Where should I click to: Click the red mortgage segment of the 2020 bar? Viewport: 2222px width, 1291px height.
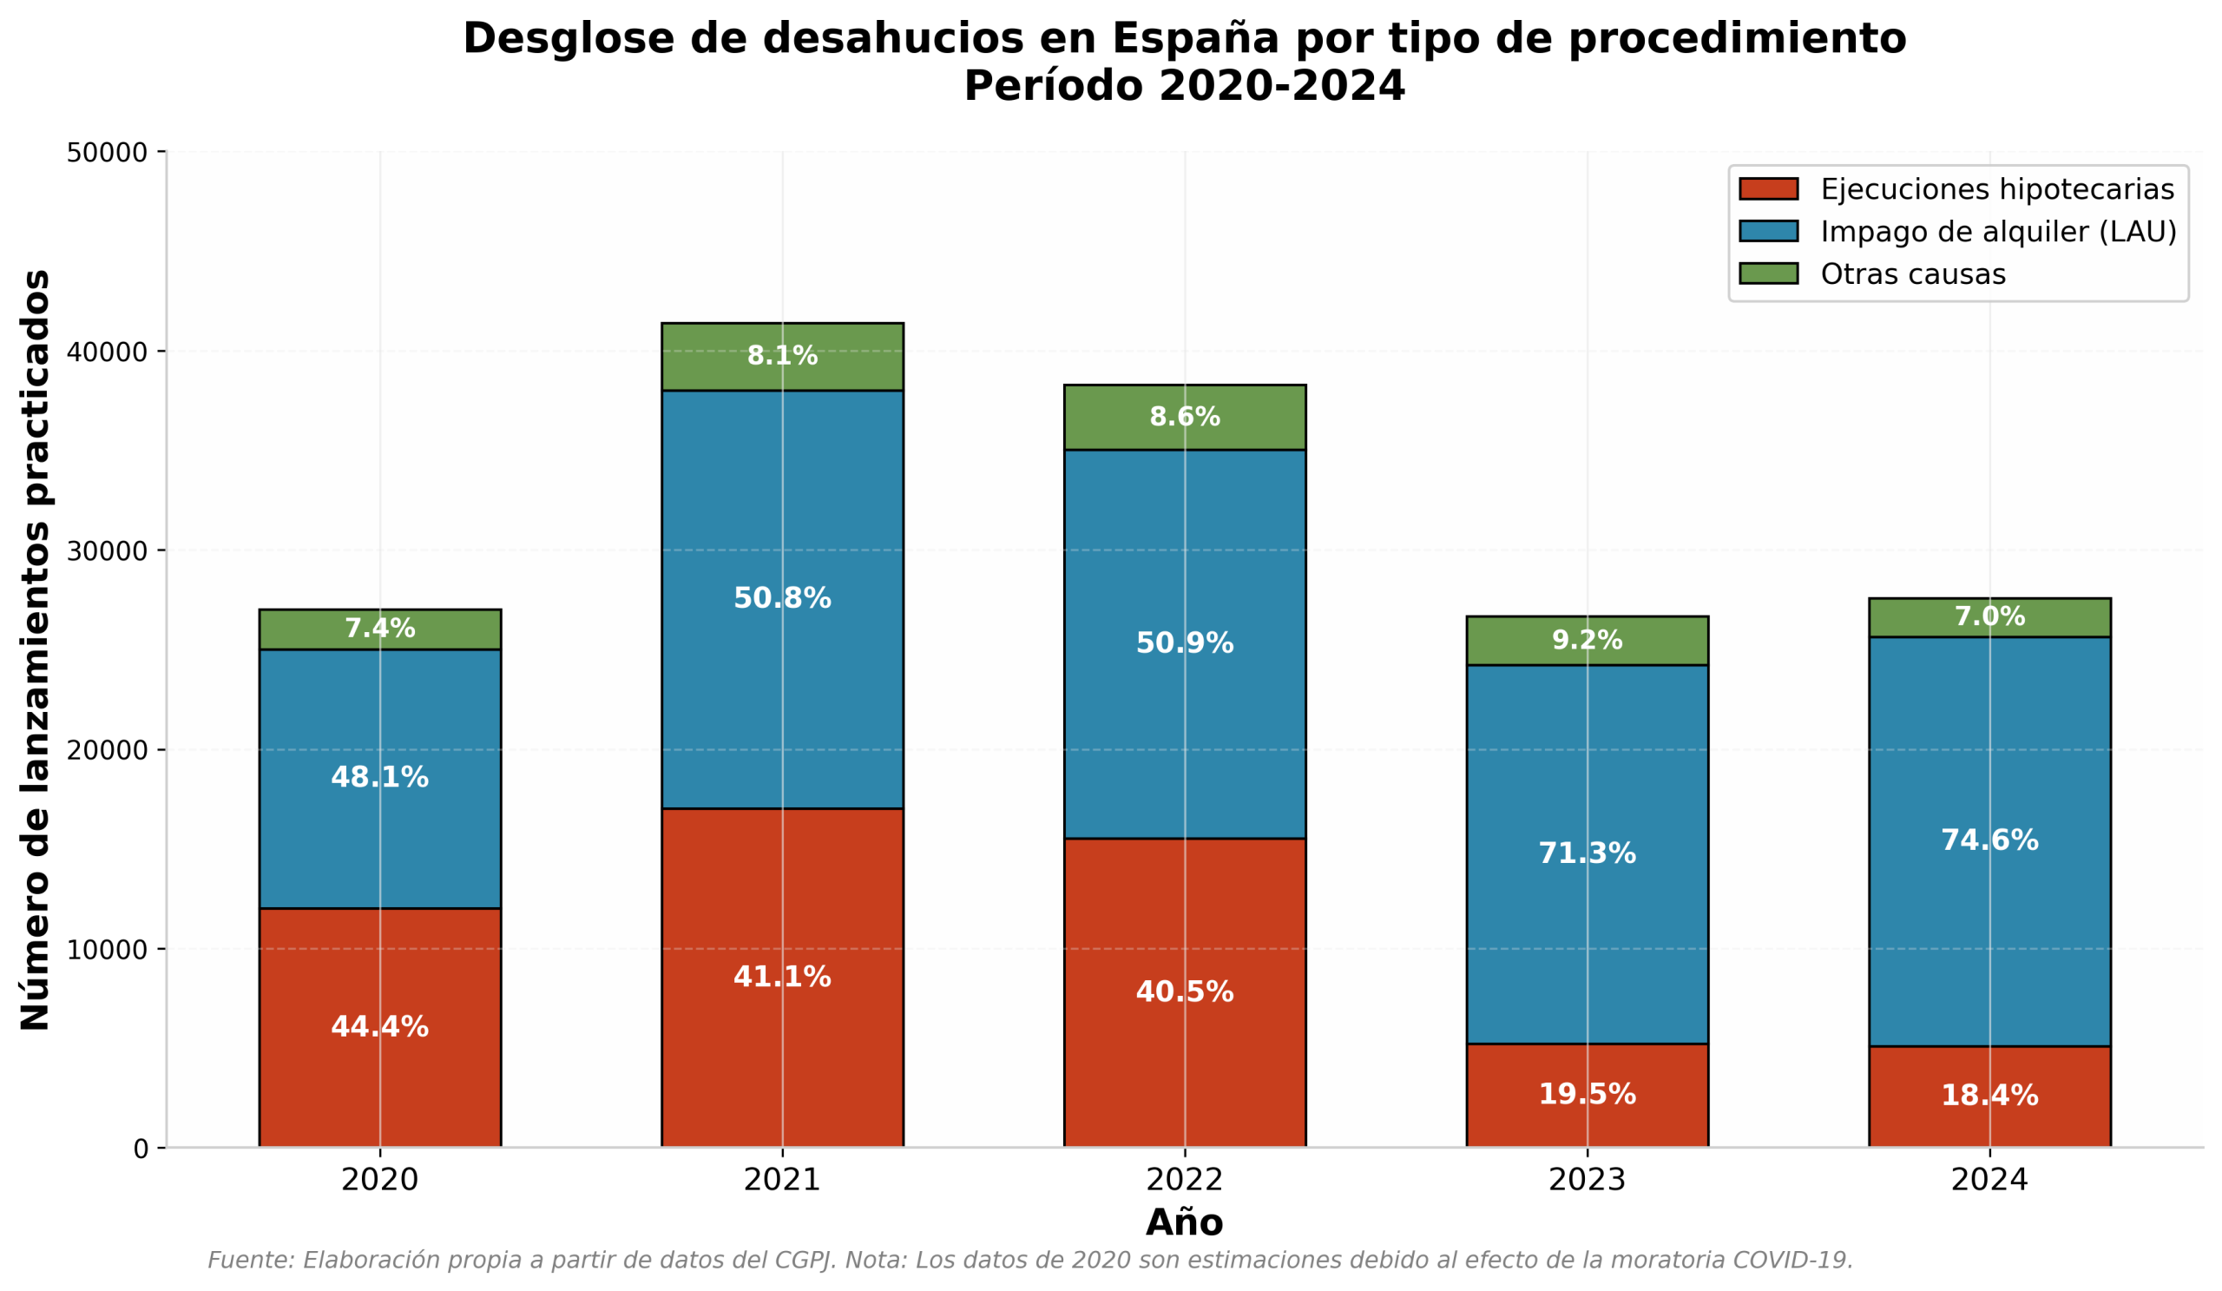(x=380, y=1028)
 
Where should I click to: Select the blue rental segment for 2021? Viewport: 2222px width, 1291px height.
(x=782, y=600)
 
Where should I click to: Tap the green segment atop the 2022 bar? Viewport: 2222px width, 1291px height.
(x=1185, y=417)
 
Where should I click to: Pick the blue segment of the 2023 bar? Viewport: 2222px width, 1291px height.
(x=1588, y=854)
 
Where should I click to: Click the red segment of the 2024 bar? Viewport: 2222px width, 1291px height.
(x=1990, y=1097)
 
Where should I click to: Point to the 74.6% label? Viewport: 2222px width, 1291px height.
(x=1990, y=840)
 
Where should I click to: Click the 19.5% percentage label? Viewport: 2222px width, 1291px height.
(x=1588, y=1094)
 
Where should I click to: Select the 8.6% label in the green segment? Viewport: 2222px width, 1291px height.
(x=1185, y=417)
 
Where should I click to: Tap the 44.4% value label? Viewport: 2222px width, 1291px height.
(x=380, y=1027)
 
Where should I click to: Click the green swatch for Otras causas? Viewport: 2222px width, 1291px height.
(x=1769, y=273)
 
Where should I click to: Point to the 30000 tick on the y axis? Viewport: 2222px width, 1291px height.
(x=107, y=551)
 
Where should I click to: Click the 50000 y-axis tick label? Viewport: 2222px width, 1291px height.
(x=107, y=153)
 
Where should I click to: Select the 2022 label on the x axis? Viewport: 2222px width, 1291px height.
(x=1185, y=1180)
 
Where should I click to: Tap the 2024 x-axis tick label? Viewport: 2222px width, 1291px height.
(x=1990, y=1180)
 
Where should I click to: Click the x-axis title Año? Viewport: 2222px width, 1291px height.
(x=1184, y=1223)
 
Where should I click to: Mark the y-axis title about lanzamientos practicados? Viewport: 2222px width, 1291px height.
(x=36, y=650)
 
